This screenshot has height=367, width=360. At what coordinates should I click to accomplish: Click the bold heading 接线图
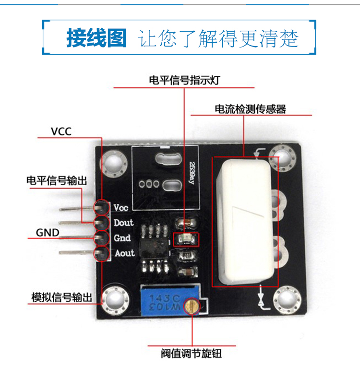[96, 38]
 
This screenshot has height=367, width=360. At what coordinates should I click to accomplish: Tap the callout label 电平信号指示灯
[184, 80]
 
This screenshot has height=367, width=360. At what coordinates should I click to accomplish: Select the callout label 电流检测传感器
[250, 109]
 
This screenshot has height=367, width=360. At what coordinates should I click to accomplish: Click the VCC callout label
[61, 131]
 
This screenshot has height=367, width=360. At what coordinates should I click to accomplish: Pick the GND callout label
[48, 233]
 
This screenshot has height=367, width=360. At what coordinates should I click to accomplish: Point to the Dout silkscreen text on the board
[124, 223]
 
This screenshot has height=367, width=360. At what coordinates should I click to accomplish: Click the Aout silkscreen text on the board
[124, 253]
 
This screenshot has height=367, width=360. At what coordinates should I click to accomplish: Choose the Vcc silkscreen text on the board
[121, 208]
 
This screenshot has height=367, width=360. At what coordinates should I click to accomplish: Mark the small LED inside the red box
[184, 238]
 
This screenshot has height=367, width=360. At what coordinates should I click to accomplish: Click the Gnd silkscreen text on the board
[122, 238]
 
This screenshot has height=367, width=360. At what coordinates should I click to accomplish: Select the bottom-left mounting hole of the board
[115, 300]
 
